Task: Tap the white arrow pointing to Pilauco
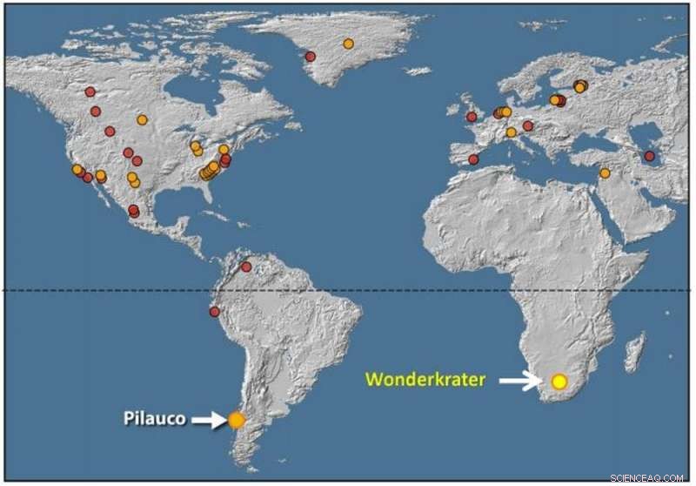(208, 420)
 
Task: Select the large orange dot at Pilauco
(237, 420)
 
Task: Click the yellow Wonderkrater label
(425, 380)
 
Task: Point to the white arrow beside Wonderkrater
(519, 381)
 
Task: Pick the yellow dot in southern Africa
(559, 381)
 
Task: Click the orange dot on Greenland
(348, 44)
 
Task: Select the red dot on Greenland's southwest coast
(310, 57)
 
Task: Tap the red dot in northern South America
(245, 267)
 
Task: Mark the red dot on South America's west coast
(214, 312)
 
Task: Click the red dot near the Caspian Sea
(649, 157)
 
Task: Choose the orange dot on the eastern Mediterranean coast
(605, 173)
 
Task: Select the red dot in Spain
(473, 159)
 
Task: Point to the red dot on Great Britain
(472, 117)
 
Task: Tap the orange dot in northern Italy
(512, 132)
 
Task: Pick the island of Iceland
(418, 71)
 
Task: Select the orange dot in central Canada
(142, 119)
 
